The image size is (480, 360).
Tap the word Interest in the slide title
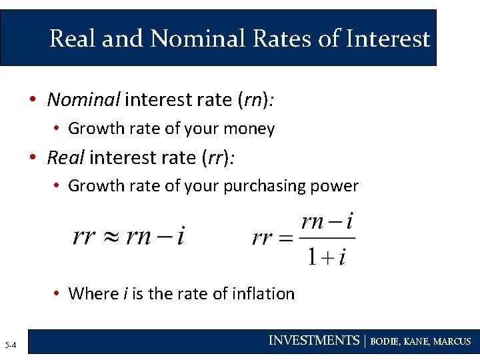click(x=388, y=39)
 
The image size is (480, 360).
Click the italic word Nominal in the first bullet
click(x=83, y=100)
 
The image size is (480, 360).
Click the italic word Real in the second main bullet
click(x=65, y=157)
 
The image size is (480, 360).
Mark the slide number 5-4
click(x=11, y=345)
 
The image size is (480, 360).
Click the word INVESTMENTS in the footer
click(x=313, y=341)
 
